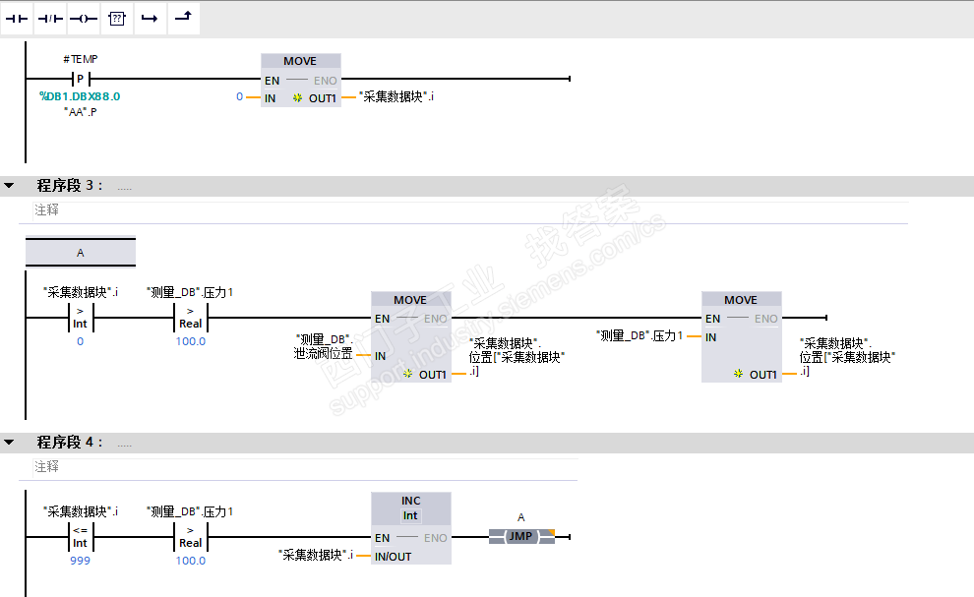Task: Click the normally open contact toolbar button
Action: [17, 19]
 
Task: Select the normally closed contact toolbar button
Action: [50, 19]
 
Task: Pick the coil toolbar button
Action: [84, 19]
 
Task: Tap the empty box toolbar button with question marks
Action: [117, 19]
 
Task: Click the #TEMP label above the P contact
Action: [81, 59]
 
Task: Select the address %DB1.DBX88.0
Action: [80, 96]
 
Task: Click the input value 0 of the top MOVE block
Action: [239, 96]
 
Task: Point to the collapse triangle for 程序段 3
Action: [9, 185]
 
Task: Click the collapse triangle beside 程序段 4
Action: [9, 442]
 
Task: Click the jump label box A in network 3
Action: [81, 252]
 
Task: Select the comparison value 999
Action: [80, 561]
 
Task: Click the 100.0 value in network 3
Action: [191, 341]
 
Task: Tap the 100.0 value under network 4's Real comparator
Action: [191, 561]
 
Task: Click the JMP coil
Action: [521, 536]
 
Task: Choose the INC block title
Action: [410, 501]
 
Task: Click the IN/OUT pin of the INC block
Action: [393, 557]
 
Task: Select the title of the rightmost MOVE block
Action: [741, 300]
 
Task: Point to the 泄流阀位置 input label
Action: [323, 353]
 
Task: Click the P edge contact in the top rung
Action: [81, 79]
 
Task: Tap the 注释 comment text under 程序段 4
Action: [46, 466]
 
